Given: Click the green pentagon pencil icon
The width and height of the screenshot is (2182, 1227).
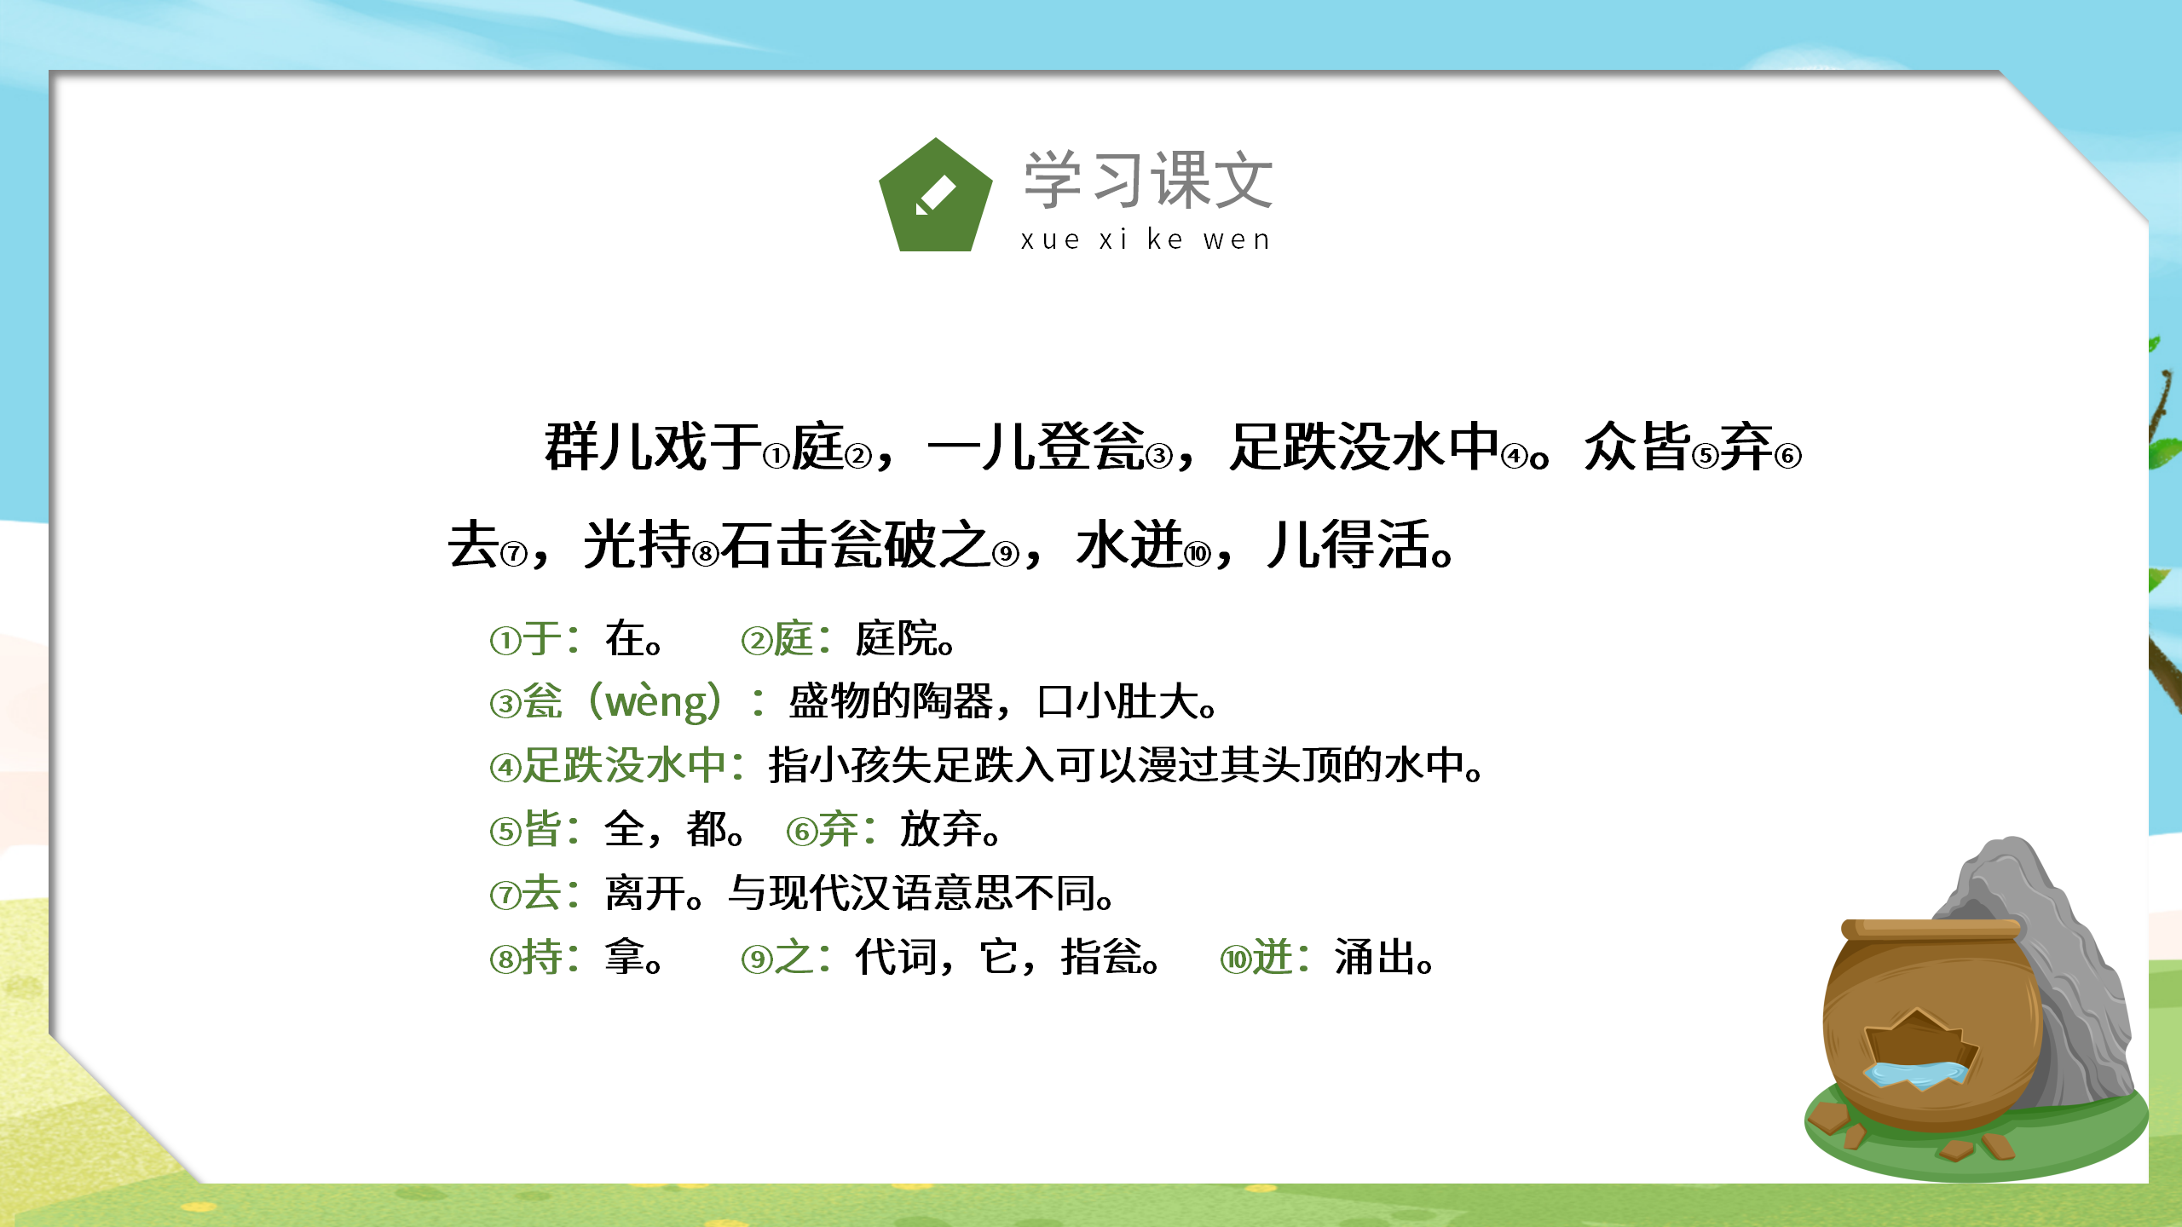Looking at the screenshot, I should click(x=935, y=197).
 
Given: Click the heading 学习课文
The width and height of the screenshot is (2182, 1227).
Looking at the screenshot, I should click(x=1148, y=180).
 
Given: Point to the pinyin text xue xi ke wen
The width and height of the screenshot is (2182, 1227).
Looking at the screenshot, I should click(x=1146, y=239).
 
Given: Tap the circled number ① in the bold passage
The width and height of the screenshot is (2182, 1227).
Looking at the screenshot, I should click(x=776, y=457).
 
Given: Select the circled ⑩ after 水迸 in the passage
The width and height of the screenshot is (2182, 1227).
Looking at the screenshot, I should click(x=1198, y=555).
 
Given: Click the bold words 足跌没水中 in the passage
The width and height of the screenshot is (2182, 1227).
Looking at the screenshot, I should click(x=1364, y=446).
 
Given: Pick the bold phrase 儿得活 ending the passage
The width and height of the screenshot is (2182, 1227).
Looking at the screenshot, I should click(x=1350, y=545).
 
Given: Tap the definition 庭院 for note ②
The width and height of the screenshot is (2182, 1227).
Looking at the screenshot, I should click(x=903, y=639).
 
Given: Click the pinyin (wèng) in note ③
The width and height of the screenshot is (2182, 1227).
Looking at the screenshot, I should click(x=656, y=702).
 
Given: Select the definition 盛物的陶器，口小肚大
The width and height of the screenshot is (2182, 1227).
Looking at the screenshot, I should click(x=1002, y=702).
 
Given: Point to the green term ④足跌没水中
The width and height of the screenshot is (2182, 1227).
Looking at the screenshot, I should click(x=609, y=765).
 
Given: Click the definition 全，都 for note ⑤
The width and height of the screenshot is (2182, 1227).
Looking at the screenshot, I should click(x=673, y=829).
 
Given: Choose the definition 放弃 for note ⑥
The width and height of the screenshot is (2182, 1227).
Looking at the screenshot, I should click(x=949, y=829).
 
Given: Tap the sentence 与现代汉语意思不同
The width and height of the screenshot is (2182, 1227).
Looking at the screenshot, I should click(x=921, y=894).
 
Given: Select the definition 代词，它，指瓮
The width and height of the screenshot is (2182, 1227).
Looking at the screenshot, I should click(x=1006, y=958).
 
